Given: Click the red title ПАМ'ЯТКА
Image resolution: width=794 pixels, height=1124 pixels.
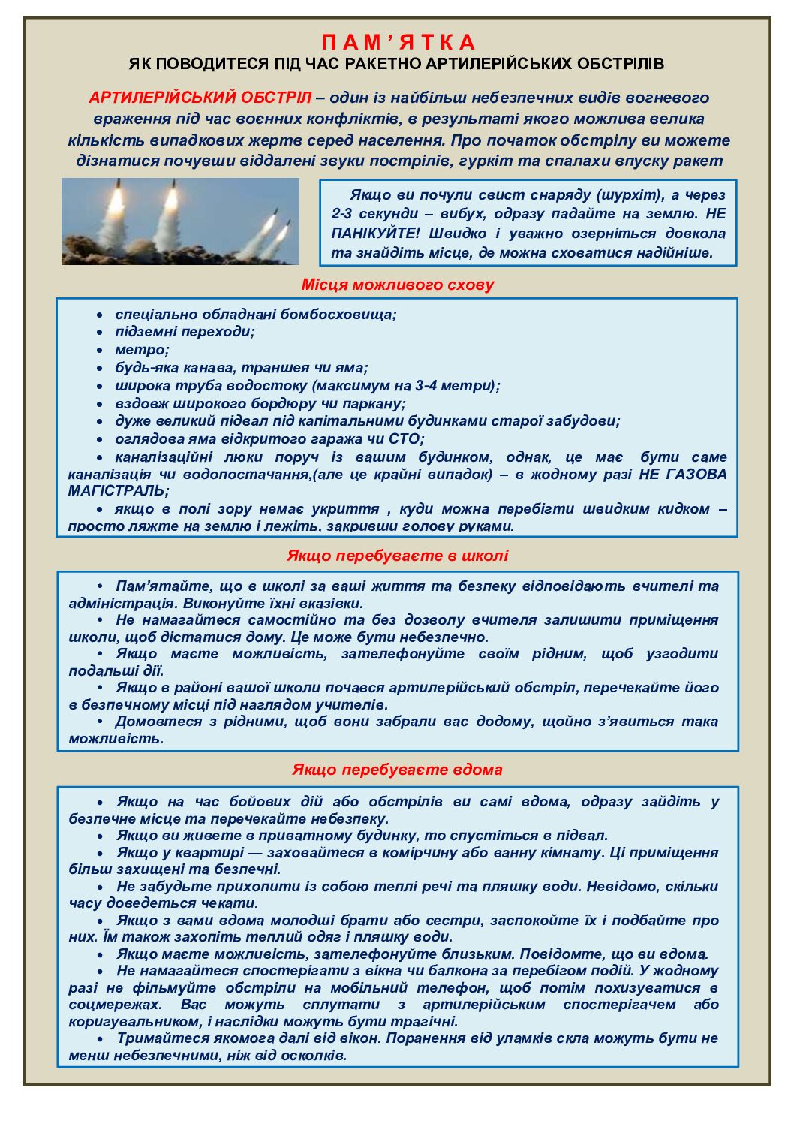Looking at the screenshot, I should (398, 42).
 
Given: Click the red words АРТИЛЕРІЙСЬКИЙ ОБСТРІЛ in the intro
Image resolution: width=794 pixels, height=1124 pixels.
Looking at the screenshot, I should (199, 98).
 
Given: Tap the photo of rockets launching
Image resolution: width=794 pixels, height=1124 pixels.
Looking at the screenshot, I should (180, 221).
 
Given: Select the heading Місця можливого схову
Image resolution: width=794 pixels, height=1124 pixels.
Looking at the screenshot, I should (397, 285).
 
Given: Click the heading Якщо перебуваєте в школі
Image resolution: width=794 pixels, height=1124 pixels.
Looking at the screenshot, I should (397, 556).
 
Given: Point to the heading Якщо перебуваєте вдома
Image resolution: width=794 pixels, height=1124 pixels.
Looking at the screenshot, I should (397, 770).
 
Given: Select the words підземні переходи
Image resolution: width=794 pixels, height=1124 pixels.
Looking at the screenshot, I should (184, 332).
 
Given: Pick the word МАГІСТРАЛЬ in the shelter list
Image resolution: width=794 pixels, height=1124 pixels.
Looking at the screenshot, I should (117, 491).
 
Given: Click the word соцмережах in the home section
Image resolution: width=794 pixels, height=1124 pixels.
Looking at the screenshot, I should (114, 1005).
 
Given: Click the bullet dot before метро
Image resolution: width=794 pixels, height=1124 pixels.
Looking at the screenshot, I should (99, 350).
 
